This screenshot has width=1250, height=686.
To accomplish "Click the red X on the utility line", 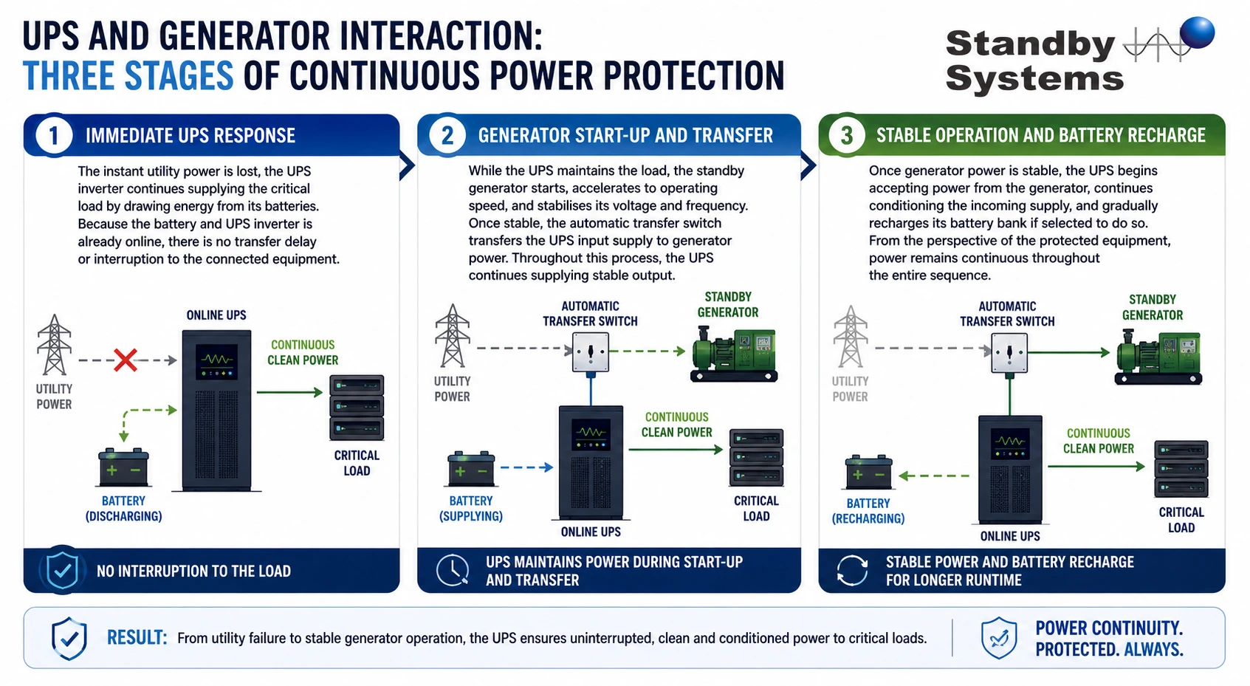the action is [126, 360].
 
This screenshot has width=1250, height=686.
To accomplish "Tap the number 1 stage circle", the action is [54, 135].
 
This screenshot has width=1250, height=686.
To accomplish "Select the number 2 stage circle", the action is [447, 135].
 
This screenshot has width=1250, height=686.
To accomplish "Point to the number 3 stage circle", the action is [847, 135].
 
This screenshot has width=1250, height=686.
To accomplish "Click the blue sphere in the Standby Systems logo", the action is [1198, 33].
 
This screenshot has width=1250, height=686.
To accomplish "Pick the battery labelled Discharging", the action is [123, 467].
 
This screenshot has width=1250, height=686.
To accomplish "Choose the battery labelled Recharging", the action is [868, 472].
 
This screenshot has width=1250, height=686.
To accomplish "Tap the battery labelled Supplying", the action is [471, 469].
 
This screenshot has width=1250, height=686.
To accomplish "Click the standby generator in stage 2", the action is [734, 355].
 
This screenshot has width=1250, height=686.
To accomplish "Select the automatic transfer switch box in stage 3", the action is [1009, 353].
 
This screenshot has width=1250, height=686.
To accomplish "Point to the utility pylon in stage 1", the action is [54, 344].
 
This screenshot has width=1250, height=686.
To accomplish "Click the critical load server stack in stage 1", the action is [357, 408].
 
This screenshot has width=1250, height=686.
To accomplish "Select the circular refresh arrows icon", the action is [852, 571].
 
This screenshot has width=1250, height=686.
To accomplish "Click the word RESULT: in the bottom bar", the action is [137, 637].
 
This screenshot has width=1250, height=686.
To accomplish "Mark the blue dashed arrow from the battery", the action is [526, 467].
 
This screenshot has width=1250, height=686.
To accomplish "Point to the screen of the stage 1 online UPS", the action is [216, 362].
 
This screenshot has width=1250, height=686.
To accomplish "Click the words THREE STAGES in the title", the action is [128, 76].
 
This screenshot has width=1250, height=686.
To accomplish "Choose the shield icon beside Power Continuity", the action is [999, 638].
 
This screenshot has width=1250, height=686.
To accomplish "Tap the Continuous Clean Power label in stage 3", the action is [1098, 441].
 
